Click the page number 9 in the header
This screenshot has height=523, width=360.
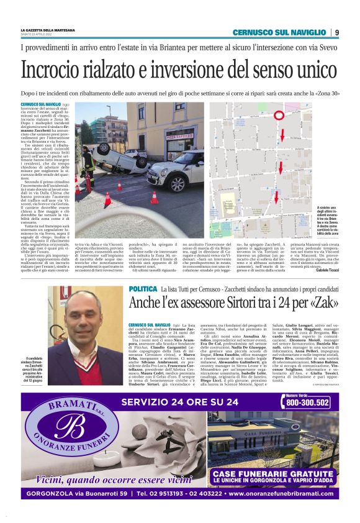pyautogui.click(x=336, y=32)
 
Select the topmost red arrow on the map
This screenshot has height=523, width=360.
pyautogui.click(x=281, y=135)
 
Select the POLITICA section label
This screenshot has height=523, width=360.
pyautogui.click(x=143, y=291)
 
